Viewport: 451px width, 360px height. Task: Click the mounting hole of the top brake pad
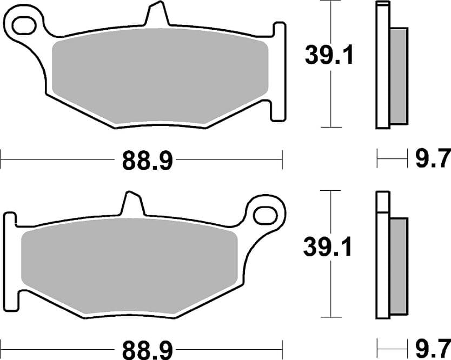[24, 25]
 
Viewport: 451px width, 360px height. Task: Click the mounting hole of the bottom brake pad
[266, 215]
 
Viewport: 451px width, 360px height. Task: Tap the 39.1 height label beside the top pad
[329, 55]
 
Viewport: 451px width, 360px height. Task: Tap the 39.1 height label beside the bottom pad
[328, 246]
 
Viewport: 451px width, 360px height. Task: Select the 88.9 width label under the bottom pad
[148, 350]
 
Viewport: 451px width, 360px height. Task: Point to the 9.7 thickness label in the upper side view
[433, 158]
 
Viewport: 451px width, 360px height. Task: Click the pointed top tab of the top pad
[157, 13]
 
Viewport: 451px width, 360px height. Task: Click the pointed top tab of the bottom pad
[132, 203]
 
